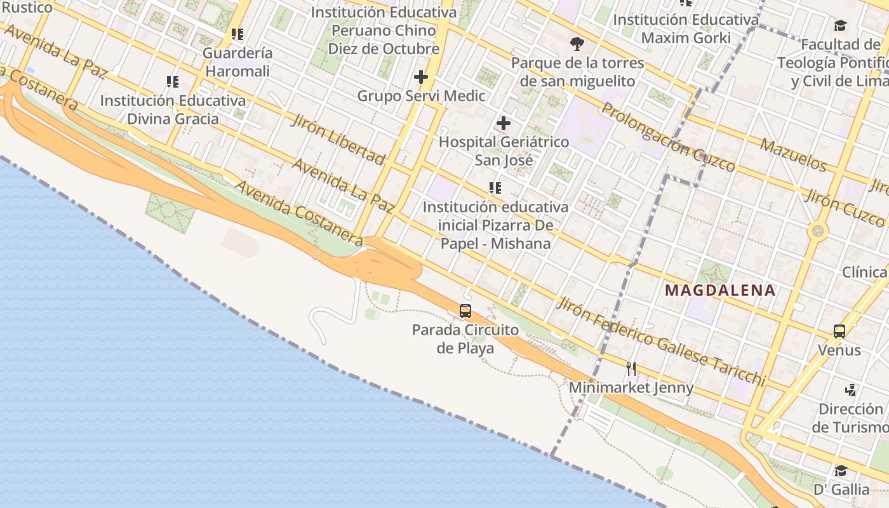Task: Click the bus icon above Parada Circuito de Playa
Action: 465,311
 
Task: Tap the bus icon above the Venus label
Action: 839,331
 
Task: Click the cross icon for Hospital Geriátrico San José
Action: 504,123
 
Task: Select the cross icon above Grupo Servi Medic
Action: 420,77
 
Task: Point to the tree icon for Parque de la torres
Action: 577,44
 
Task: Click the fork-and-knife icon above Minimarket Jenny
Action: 631,368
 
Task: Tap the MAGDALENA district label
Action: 720,291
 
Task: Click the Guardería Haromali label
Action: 237,62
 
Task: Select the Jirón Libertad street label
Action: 338,138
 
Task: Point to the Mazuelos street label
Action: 794,154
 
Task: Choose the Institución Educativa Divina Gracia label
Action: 173,110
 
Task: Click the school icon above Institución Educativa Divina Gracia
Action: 173,82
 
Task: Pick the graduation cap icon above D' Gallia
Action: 841,471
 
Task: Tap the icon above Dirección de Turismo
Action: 850,390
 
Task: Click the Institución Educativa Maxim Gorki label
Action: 686,29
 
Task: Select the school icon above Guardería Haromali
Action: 237,34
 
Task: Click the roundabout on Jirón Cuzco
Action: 818,231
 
